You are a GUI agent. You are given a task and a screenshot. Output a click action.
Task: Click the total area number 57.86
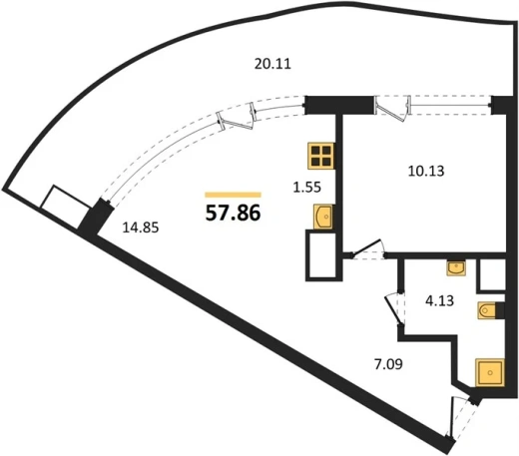(233, 213)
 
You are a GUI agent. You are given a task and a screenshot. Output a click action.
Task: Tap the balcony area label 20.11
(272, 64)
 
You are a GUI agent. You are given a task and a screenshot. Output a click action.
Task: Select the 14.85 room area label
(141, 228)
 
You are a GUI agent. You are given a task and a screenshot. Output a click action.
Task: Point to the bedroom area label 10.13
(426, 171)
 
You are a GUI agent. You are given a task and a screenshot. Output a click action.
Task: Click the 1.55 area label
(306, 188)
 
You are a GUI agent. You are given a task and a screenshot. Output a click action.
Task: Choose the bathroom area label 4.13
(439, 300)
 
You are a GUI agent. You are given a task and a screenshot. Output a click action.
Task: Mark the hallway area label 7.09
(388, 364)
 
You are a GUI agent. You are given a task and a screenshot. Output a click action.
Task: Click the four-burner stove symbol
(321, 156)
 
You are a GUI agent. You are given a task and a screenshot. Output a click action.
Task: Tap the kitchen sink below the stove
(323, 217)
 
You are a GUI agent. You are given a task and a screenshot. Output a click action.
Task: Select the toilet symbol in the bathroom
(487, 310)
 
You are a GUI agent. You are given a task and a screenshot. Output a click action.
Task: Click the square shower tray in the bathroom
(490, 372)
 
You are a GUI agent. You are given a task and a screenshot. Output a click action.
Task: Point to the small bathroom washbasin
(456, 268)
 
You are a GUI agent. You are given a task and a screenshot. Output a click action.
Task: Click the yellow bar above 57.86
(233, 195)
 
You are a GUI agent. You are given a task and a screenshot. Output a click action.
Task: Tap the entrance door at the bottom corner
(461, 417)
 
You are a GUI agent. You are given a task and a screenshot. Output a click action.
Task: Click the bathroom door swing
(394, 308)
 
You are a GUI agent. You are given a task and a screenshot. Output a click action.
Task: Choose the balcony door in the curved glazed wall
(237, 117)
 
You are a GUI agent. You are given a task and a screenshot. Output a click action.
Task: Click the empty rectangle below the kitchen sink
(322, 255)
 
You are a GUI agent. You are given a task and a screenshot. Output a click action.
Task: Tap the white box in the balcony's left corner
(66, 208)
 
